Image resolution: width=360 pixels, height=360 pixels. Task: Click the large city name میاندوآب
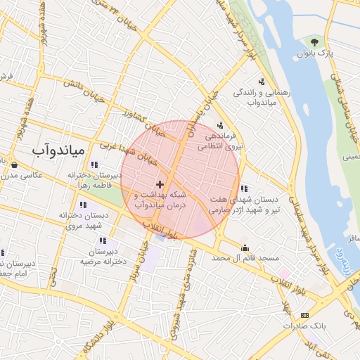pyautogui.click(x=58, y=150)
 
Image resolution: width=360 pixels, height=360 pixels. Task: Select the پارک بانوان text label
pyautogui.click(x=321, y=53)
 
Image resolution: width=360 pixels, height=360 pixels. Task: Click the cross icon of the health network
pyautogui.click(x=160, y=184)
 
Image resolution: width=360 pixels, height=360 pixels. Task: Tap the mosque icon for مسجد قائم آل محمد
pyautogui.click(x=245, y=247)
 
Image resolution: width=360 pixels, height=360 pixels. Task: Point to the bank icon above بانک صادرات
pyautogui.click(x=304, y=315)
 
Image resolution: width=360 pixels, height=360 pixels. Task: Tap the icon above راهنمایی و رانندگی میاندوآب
pyautogui.click(x=262, y=82)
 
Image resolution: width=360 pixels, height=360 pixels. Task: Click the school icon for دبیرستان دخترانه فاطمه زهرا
pyautogui.click(x=94, y=165)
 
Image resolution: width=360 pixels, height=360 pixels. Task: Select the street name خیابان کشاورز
pyautogui.click(x=144, y=120)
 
